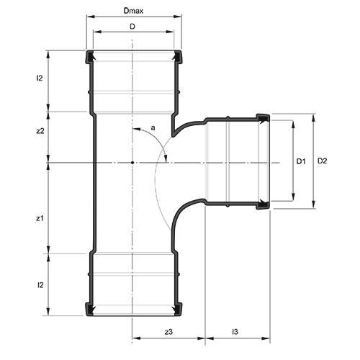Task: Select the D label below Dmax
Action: point(132,27)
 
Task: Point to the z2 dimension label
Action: point(40,131)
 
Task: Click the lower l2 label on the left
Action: point(40,285)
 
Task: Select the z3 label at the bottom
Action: point(168,331)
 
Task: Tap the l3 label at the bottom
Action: point(235,331)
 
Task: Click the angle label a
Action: point(152,128)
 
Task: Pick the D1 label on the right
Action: point(302,161)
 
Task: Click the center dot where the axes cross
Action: point(133,163)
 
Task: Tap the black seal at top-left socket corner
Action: point(90,56)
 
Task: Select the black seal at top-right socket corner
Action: point(176,56)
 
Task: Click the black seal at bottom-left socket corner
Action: point(90,310)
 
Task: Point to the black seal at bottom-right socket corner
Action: point(176,310)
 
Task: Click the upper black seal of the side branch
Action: point(263,117)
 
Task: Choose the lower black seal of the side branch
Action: point(263,207)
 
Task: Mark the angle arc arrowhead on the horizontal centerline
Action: point(166,159)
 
